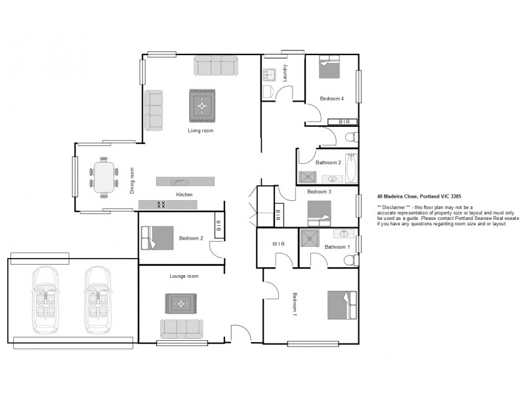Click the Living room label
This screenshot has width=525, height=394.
coord(201,131)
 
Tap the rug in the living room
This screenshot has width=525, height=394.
coord(203,105)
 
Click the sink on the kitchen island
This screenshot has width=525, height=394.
coord(177,182)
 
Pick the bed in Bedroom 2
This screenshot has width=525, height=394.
coord(156,238)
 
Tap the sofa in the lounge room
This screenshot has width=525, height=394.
coord(182,327)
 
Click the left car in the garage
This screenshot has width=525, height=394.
coord(45,299)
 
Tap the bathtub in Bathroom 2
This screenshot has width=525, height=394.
coord(350,168)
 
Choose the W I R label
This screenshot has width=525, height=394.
coord(277,244)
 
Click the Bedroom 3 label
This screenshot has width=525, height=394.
coord(318,192)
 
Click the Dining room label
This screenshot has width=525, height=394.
coord(132,180)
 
